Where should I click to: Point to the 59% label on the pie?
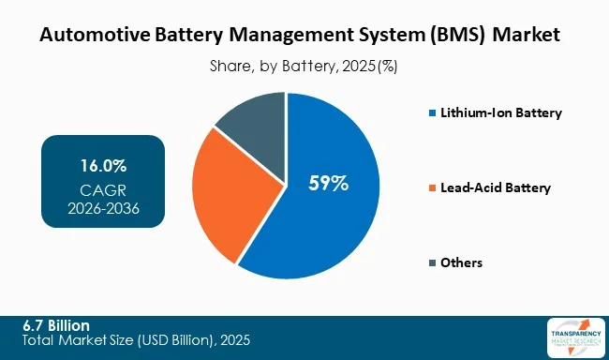pyautogui.click(x=329, y=184)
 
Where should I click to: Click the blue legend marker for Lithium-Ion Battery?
pyautogui.click(x=431, y=113)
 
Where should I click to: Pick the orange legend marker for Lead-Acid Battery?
pyautogui.click(x=431, y=188)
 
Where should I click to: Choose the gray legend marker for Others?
pyautogui.click(x=431, y=263)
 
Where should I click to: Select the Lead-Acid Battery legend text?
pyautogui.click(x=496, y=188)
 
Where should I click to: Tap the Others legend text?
pyautogui.click(x=462, y=263)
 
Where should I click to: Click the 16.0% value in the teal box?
pyautogui.click(x=103, y=166)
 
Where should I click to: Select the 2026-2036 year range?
pyautogui.click(x=103, y=207)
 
